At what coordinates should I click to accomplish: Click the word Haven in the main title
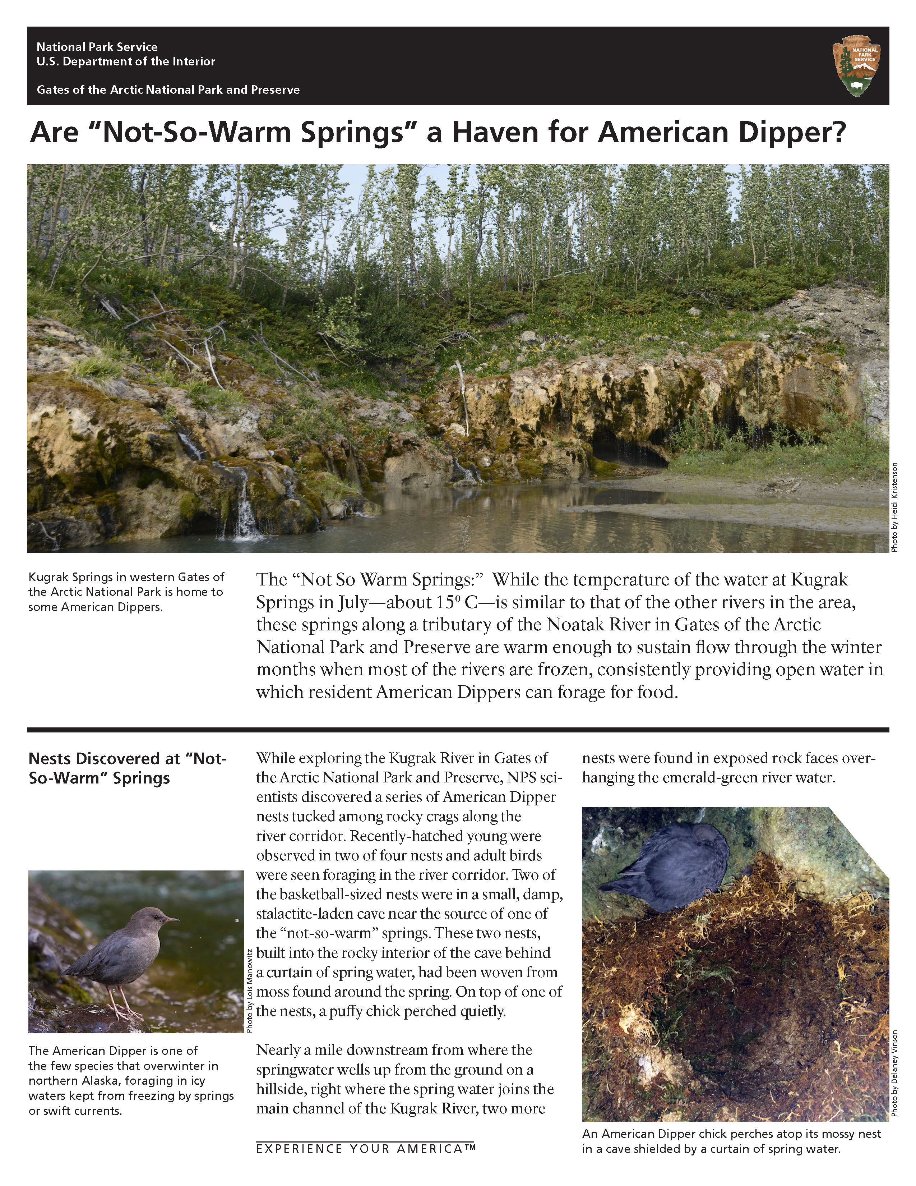point(492,133)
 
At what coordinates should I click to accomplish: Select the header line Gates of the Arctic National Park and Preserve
point(168,89)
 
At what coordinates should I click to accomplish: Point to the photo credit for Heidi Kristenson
point(895,507)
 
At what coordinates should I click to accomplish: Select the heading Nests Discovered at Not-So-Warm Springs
point(128,768)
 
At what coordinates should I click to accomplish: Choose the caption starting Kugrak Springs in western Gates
point(126,592)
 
